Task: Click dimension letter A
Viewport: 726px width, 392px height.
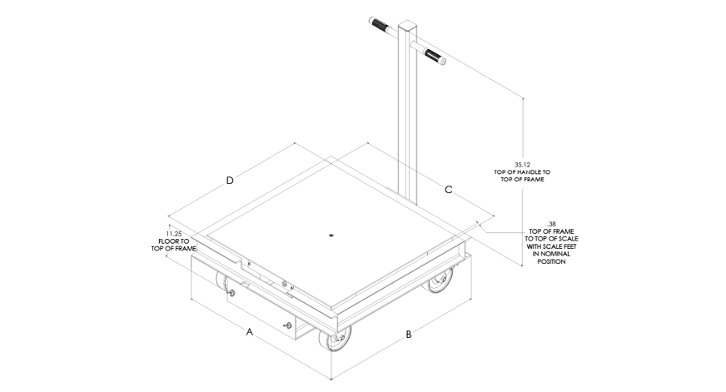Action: [x=250, y=332]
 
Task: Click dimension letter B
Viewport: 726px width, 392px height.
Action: [x=408, y=334]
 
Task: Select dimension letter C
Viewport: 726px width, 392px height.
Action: [x=448, y=190]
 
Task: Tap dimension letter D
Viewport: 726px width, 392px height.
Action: [x=230, y=181]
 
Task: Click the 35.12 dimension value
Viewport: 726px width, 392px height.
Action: [x=522, y=164]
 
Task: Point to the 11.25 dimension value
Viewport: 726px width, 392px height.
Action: [x=174, y=234]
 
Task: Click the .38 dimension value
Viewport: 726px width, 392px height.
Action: [x=551, y=224]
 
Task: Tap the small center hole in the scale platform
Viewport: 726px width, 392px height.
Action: [x=331, y=235]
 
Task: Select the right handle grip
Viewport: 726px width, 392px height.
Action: [x=434, y=56]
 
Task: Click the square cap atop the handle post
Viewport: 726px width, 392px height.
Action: [x=407, y=24]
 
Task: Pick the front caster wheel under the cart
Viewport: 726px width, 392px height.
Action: [x=335, y=342]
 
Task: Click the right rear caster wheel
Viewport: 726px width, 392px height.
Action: [x=439, y=279]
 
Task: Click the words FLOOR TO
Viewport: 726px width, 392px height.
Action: [x=174, y=241]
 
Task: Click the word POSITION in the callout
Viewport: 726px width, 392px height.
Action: [x=551, y=261]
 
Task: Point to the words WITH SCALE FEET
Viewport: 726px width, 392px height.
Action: [x=551, y=246]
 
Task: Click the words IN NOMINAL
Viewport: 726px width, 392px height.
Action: [x=551, y=254]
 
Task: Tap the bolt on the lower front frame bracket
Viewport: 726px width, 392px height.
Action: [x=288, y=325]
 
